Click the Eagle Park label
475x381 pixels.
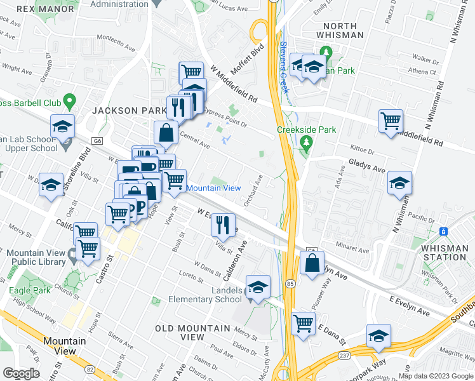(x=29, y=291)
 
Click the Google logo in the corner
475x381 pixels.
(x=21, y=373)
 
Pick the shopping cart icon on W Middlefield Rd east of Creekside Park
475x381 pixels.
(x=391, y=121)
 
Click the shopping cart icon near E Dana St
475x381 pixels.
(x=304, y=323)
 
